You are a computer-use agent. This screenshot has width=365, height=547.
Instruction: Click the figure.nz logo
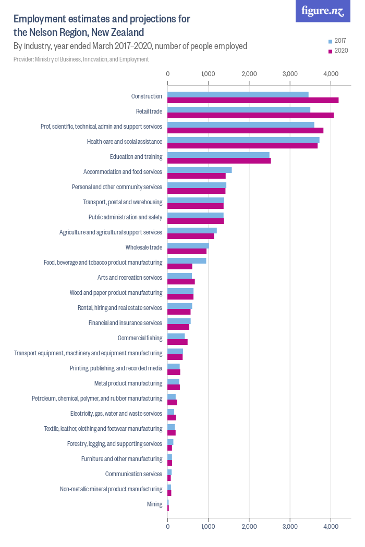[323, 11]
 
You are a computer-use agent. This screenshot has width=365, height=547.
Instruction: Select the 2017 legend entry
[337, 41]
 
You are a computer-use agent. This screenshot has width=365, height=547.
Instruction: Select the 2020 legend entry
[337, 51]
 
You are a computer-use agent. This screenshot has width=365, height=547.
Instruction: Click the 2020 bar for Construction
[253, 101]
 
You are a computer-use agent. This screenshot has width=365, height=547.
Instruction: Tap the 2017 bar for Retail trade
[239, 109]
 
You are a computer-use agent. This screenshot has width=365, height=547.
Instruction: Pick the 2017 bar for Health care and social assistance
[244, 140]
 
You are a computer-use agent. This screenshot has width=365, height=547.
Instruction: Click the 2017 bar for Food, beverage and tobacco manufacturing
[187, 260]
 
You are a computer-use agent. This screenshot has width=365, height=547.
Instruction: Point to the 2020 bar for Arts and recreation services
[181, 282]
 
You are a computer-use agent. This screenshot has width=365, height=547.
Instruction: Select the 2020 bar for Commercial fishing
[177, 342]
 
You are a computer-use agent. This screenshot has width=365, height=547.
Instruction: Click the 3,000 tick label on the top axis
[290, 74]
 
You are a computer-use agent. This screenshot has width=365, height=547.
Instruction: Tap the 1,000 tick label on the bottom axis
[209, 527]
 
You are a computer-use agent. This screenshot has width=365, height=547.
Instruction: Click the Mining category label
[155, 504]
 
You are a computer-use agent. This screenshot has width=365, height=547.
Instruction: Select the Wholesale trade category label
[144, 247]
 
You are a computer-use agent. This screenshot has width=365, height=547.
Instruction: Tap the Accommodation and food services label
[123, 171]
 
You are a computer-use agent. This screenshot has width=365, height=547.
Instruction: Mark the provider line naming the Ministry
[81, 59]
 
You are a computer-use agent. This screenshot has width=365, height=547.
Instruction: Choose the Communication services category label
[133, 474]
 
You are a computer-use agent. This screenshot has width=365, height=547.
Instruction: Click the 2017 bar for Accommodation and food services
[200, 170]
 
